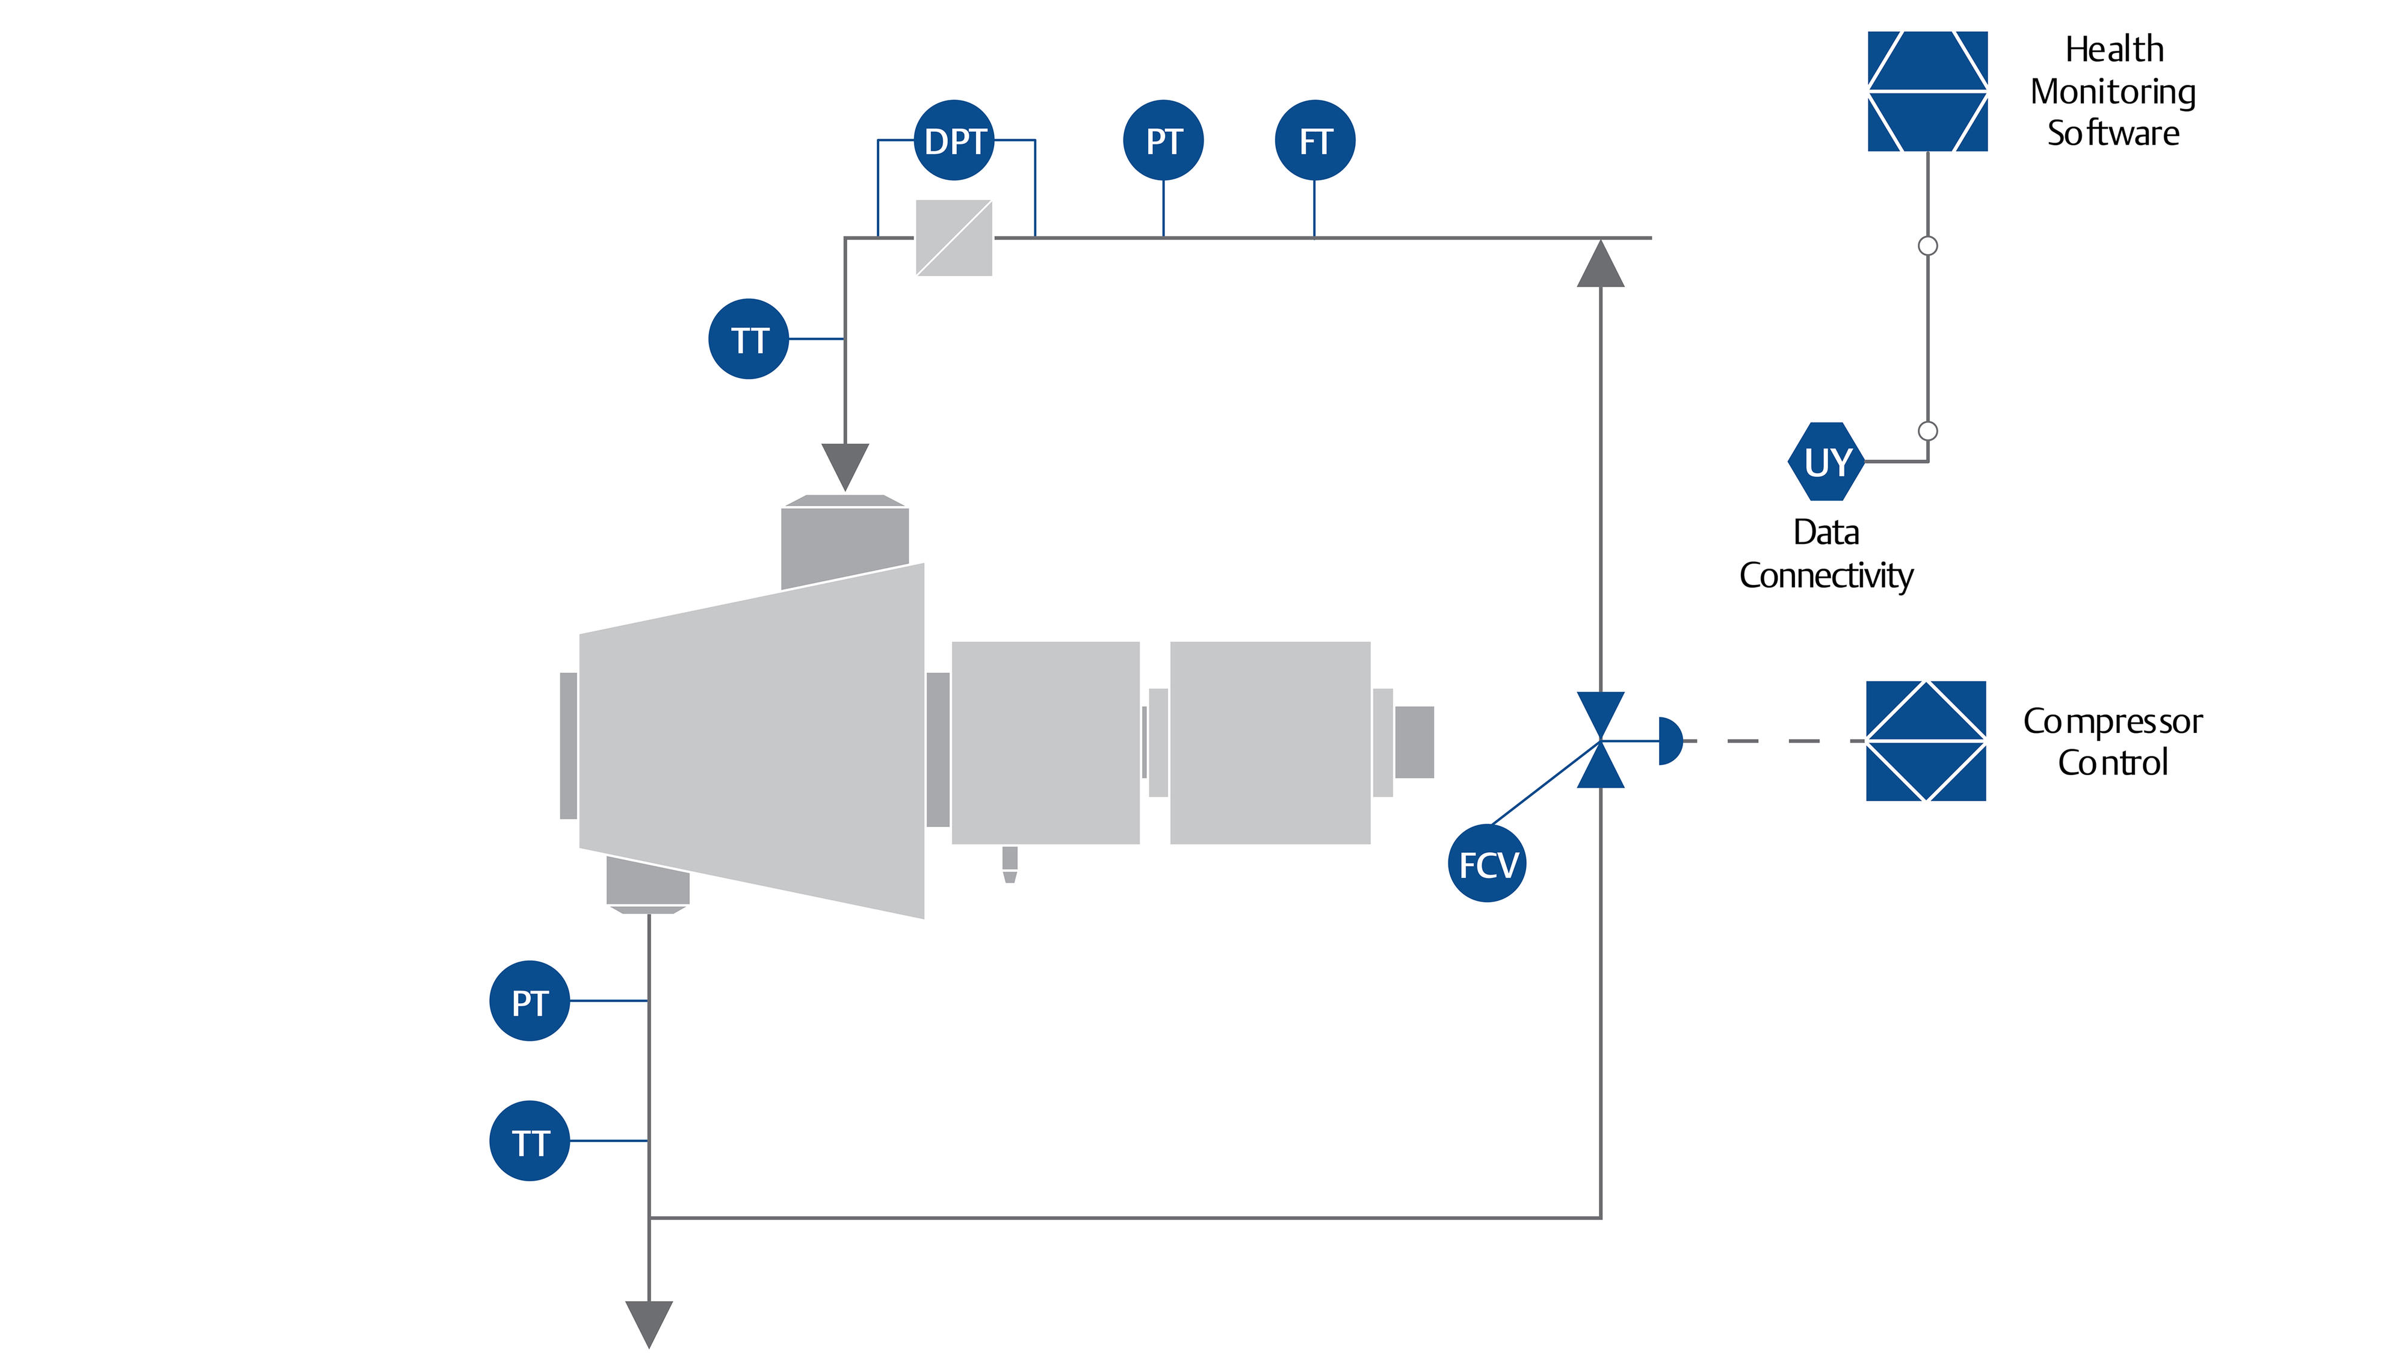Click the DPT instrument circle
pos(954,141)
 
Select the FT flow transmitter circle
pos(1315,141)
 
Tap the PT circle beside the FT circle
pos(1163,141)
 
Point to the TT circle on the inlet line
pos(749,339)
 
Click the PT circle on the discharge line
pos(530,1002)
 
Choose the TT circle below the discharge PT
pos(530,1142)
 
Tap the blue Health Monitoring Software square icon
pos(1927,91)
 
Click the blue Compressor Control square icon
pos(1926,741)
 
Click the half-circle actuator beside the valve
pos(1669,741)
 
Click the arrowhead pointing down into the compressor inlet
pos(845,465)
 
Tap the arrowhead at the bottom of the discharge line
pos(649,1322)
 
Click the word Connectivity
pos(1826,576)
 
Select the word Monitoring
pos(2113,91)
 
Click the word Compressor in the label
pos(2113,722)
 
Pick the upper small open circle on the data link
pos(1927,246)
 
